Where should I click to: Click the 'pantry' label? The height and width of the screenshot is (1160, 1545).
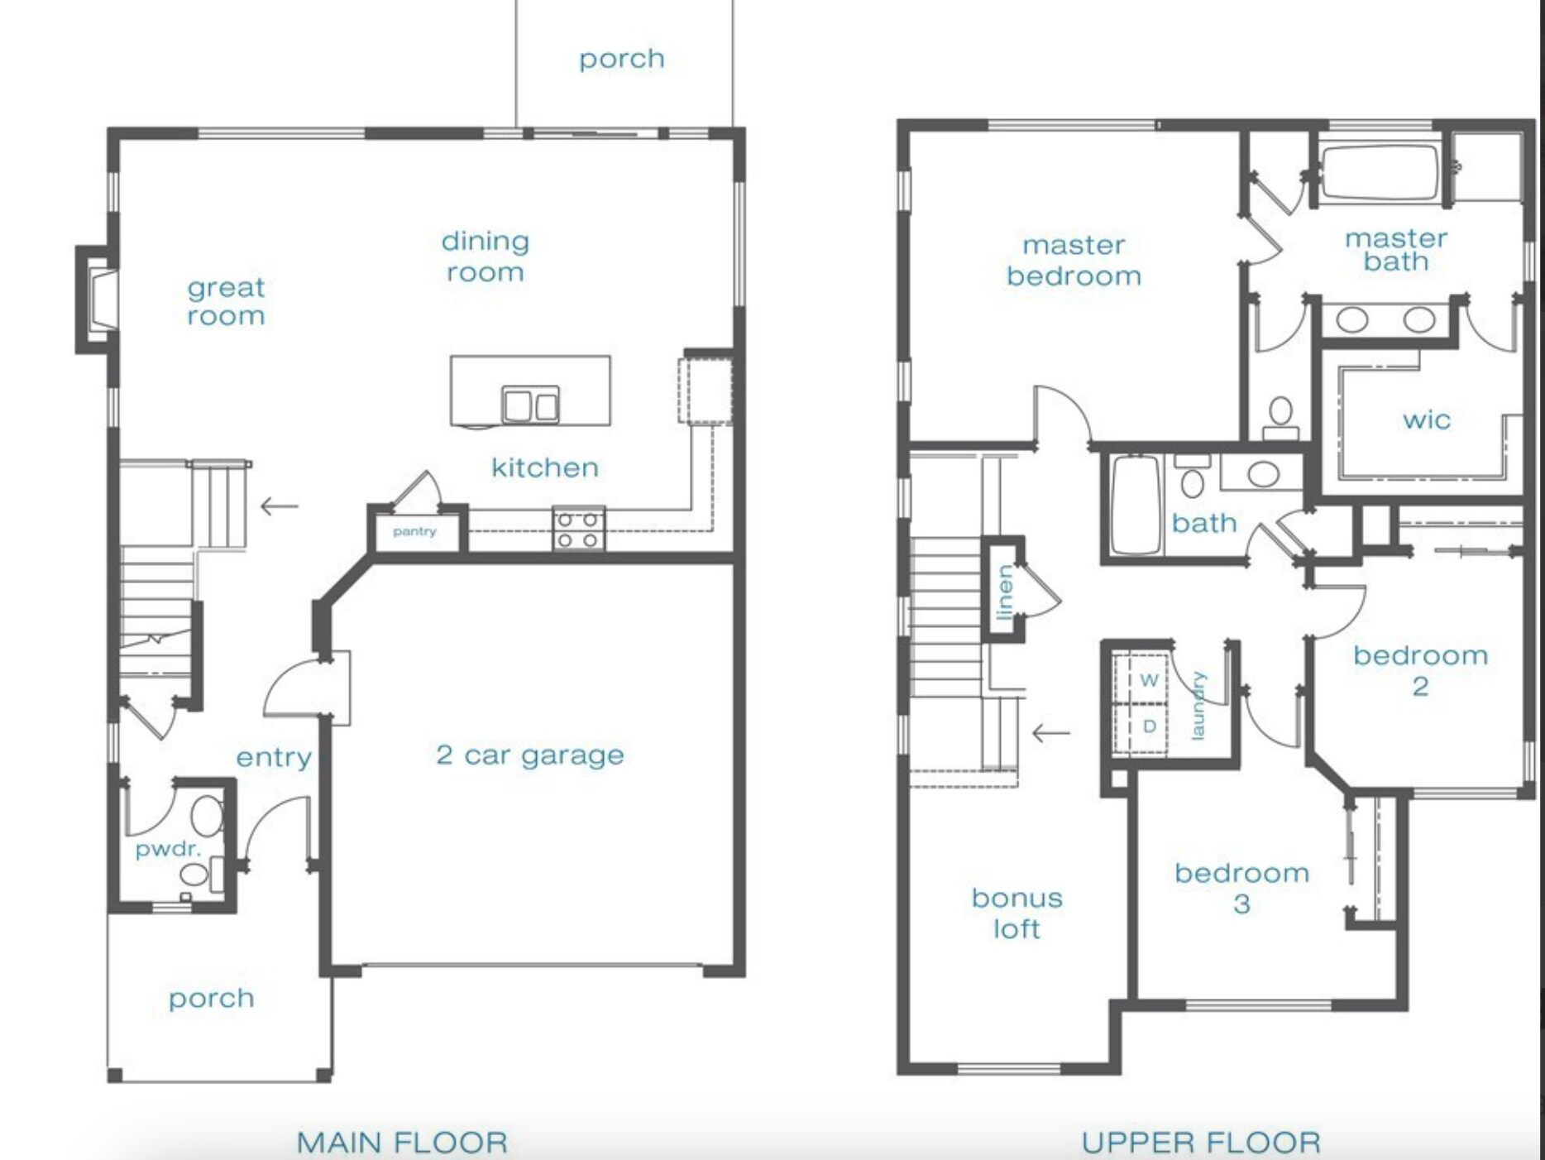414,531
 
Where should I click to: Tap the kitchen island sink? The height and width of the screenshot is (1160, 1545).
530,405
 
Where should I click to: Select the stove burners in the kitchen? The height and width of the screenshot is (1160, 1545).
578,530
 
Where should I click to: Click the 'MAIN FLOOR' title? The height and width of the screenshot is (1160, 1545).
402,1143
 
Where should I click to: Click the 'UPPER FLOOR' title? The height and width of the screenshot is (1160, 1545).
1201,1143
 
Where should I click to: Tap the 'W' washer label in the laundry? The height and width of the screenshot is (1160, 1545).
1149,680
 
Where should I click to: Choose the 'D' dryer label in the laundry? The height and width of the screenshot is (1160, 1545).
1149,726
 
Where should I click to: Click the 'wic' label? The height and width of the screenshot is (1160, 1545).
1426,420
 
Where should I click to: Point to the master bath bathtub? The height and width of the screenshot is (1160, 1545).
1380,173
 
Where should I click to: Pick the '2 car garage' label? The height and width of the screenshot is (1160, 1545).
530,755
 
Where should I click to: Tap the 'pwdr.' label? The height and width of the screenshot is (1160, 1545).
168,850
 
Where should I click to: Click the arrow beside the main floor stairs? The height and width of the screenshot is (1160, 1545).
280,506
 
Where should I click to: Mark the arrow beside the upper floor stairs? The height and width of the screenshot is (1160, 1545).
1051,732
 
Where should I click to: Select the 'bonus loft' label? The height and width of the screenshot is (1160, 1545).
1016,913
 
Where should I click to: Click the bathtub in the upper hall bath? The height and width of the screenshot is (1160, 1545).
1136,504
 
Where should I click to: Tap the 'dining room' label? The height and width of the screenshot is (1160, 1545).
486,256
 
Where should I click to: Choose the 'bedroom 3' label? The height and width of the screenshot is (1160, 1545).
1241,889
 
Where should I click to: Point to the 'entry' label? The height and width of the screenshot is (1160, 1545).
274,757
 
